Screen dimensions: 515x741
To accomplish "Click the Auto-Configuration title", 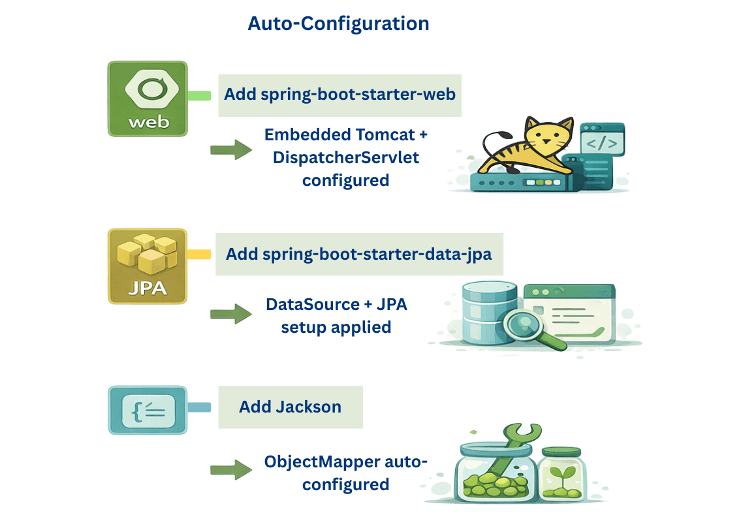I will [x=338, y=23].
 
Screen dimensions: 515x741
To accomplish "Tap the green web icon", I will [x=148, y=99].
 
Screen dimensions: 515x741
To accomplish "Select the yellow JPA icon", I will [x=148, y=266].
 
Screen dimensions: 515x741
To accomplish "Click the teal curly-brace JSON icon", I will [x=148, y=410].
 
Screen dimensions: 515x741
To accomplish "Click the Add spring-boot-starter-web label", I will [x=339, y=94].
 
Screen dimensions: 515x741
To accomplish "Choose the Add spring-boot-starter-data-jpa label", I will [x=358, y=254].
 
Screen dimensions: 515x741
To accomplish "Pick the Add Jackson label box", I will [x=290, y=407].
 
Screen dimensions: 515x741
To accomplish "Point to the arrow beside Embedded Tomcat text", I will [x=230, y=150].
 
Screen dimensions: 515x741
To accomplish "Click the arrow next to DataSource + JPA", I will [x=230, y=315].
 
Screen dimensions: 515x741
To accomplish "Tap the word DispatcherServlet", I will [x=345, y=157].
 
